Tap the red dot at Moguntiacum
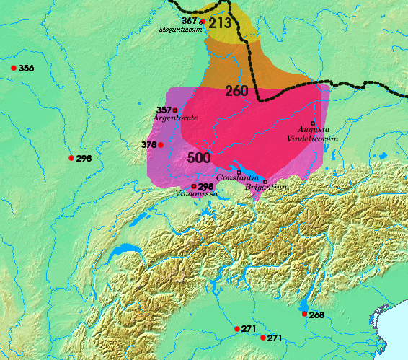203,22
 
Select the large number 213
221,22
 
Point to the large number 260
237,91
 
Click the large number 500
199,158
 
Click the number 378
149,144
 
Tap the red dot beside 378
161,145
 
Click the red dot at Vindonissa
193,186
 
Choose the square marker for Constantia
239,171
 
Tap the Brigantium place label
266,188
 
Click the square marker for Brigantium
265,180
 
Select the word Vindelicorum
312,137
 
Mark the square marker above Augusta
312,123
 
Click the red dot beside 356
14,68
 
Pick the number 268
316,315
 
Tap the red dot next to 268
304,315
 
